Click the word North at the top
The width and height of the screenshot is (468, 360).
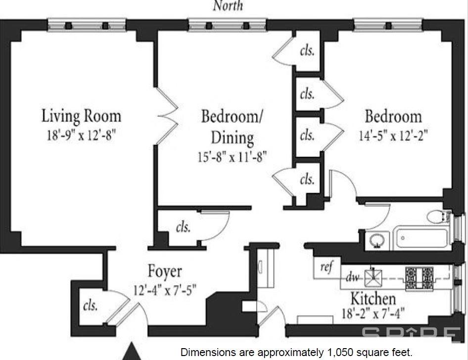(228, 5)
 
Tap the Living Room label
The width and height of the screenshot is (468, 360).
(81, 116)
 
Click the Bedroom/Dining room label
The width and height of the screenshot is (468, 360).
(233, 117)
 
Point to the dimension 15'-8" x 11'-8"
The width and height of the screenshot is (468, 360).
(232, 157)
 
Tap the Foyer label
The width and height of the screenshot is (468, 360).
(165, 271)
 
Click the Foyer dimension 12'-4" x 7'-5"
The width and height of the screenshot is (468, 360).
(165, 289)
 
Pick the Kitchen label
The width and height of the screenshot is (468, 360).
(373, 299)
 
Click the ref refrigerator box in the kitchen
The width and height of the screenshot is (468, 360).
(326, 268)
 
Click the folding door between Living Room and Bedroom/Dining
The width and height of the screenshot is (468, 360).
(167, 115)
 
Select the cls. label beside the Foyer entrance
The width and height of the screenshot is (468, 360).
(90, 305)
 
